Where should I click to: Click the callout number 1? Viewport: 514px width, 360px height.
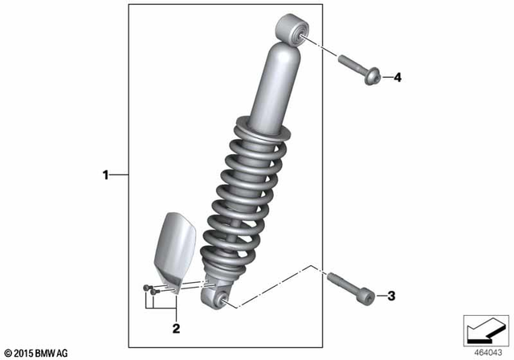click(x=104, y=174)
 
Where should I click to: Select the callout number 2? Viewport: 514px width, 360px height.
click(x=175, y=328)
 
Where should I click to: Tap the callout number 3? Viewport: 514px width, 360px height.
click(x=392, y=297)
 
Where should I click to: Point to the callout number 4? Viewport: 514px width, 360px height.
click(x=397, y=78)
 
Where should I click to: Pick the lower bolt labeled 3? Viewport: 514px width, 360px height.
click(x=349, y=288)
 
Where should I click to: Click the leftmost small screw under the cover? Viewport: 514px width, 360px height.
click(x=145, y=288)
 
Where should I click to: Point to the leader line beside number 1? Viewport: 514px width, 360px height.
click(x=119, y=174)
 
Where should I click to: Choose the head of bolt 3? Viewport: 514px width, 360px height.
click(x=366, y=297)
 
